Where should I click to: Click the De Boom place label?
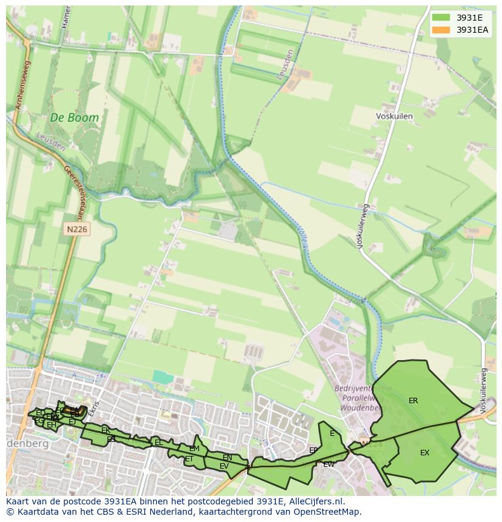(x=74, y=118)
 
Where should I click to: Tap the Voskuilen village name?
(x=394, y=116)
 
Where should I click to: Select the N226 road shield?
(x=76, y=229)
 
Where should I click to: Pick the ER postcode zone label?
(x=413, y=401)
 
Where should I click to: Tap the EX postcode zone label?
(x=424, y=453)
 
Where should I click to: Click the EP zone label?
(x=313, y=450)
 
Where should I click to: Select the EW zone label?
(x=329, y=464)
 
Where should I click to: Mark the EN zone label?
(x=227, y=458)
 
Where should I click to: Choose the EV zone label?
(x=224, y=466)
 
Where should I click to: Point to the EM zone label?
(x=194, y=449)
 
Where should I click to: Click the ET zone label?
(x=189, y=459)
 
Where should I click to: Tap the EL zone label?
(x=159, y=443)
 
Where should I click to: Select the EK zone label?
(x=105, y=430)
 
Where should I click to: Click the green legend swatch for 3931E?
(x=441, y=18)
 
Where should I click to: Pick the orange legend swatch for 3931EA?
(x=441, y=30)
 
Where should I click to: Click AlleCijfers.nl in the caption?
(x=313, y=501)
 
